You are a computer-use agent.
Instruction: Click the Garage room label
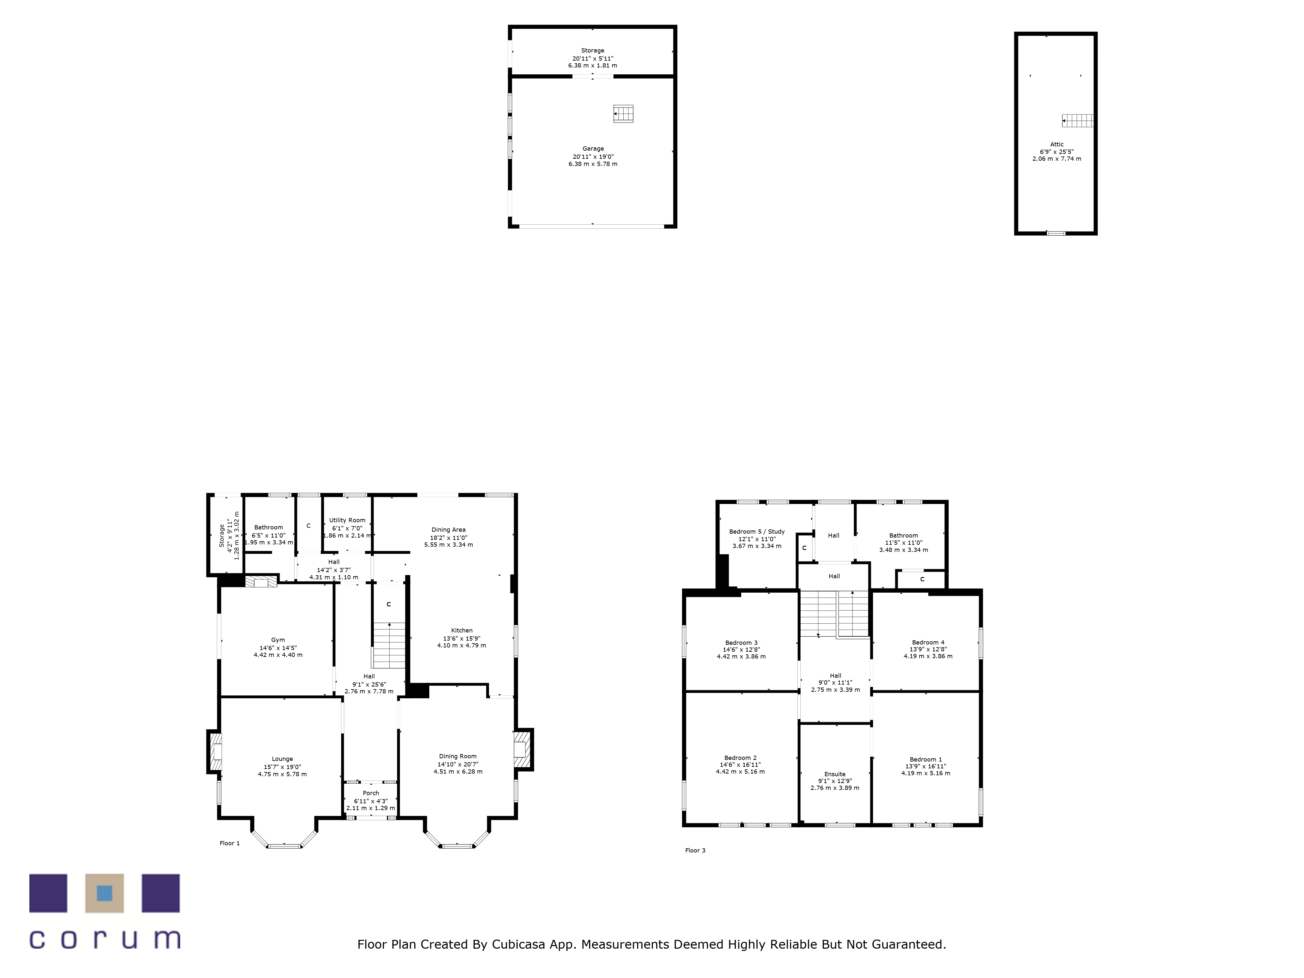point(593,149)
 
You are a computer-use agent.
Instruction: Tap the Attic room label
point(1057,144)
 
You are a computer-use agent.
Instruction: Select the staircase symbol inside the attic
point(1078,121)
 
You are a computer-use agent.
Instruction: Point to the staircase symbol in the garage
point(623,113)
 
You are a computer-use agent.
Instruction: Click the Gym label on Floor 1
point(278,640)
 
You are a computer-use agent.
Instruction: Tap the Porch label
point(371,793)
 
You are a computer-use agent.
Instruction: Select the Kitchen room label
point(462,630)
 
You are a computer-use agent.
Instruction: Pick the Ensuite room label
point(835,774)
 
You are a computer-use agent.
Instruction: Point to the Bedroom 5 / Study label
point(757,531)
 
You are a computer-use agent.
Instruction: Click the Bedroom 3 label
point(741,643)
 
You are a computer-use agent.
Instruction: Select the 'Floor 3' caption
point(695,850)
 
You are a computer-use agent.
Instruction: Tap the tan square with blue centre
point(104,893)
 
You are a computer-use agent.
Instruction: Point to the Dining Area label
point(449,529)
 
